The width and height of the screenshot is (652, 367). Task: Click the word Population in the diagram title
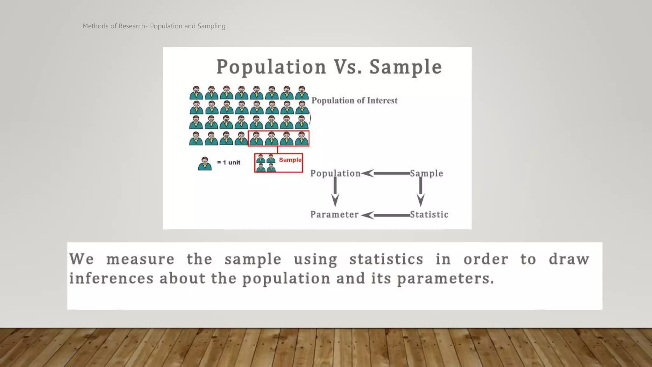tap(271, 67)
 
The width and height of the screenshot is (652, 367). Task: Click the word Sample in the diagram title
tap(406, 67)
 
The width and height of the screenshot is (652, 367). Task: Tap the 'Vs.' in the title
tap(348, 67)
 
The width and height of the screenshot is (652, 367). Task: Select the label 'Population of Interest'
tap(354, 101)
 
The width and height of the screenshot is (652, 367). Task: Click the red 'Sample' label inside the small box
tap(290, 160)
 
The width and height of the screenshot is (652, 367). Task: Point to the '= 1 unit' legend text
tap(229, 162)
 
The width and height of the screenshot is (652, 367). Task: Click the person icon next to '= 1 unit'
tap(205, 164)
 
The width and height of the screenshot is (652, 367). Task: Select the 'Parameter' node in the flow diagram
tap(334, 215)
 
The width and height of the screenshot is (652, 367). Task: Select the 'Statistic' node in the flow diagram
tap(429, 215)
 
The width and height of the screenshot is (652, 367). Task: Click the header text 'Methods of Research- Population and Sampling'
tap(154, 26)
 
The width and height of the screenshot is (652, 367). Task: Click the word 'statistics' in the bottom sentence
tap(386, 259)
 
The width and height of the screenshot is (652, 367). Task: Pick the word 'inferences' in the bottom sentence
tap(111, 278)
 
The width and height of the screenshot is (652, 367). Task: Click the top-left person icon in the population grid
tap(196, 93)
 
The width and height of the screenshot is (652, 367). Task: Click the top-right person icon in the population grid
tap(301, 93)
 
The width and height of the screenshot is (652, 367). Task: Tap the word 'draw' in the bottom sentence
tap(569, 259)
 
